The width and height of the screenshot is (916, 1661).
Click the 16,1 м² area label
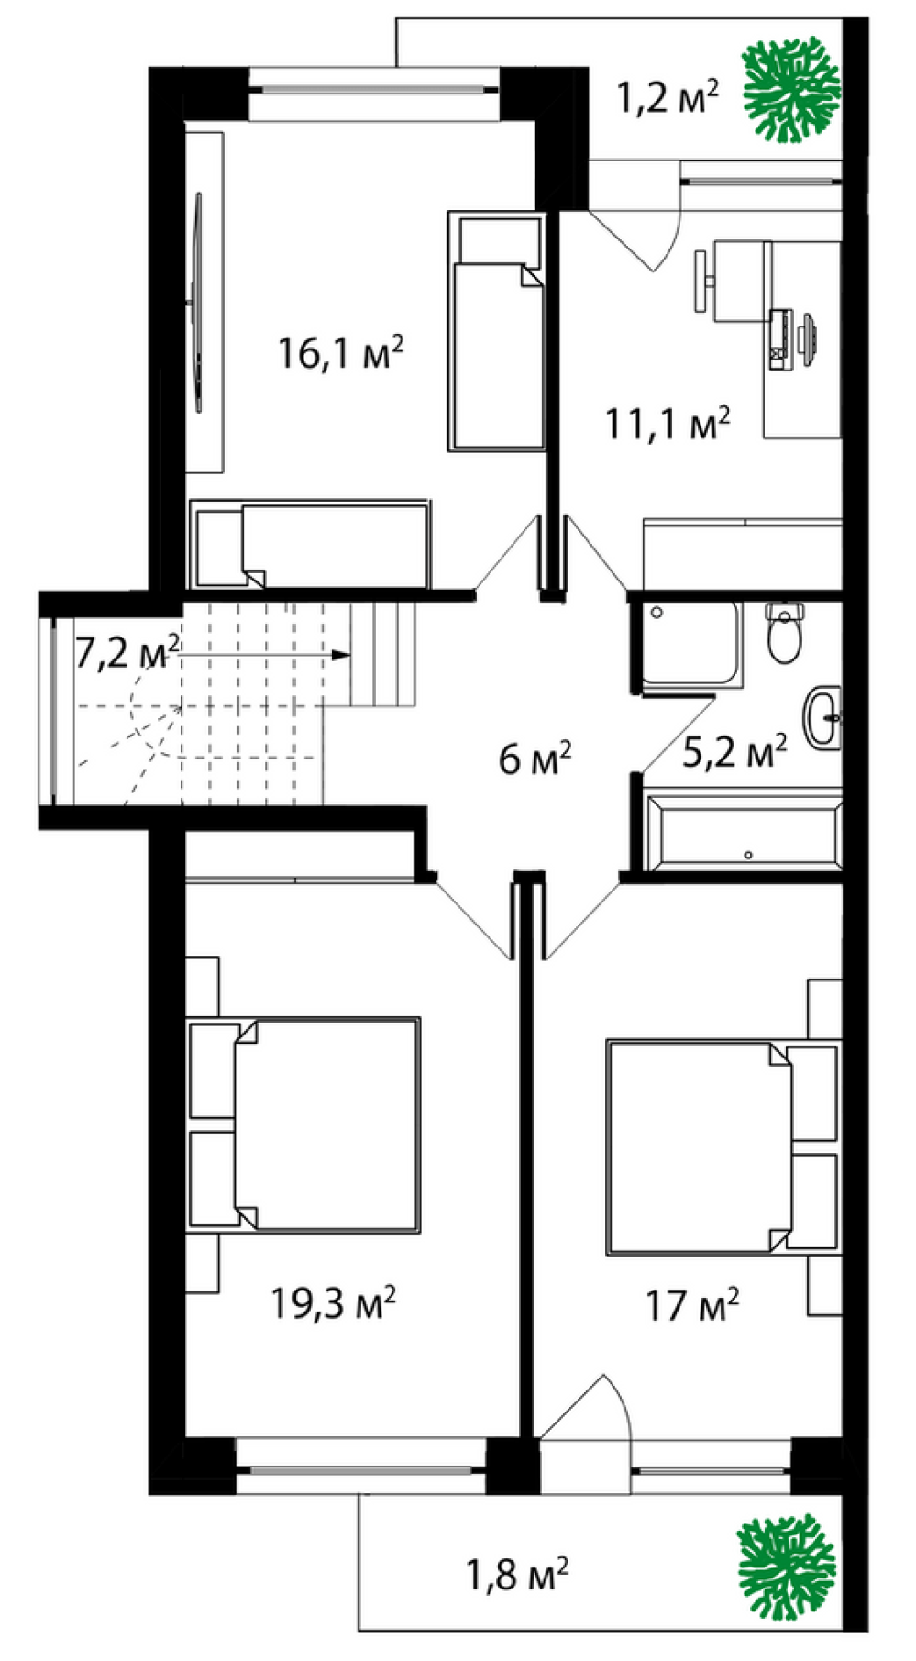(x=341, y=353)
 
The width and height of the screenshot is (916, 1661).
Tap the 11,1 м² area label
(x=668, y=423)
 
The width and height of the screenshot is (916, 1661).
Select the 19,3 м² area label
(x=334, y=1302)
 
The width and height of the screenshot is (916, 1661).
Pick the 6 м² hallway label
(x=536, y=759)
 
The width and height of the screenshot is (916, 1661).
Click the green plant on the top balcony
(x=790, y=91)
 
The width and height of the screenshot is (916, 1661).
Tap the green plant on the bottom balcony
(x=787, y=1560)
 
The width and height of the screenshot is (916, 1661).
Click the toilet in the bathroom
(x=785, y=633)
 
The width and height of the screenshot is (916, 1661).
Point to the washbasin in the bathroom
(x=823, y=718)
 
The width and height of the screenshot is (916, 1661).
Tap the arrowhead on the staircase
(x=341, y=655)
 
